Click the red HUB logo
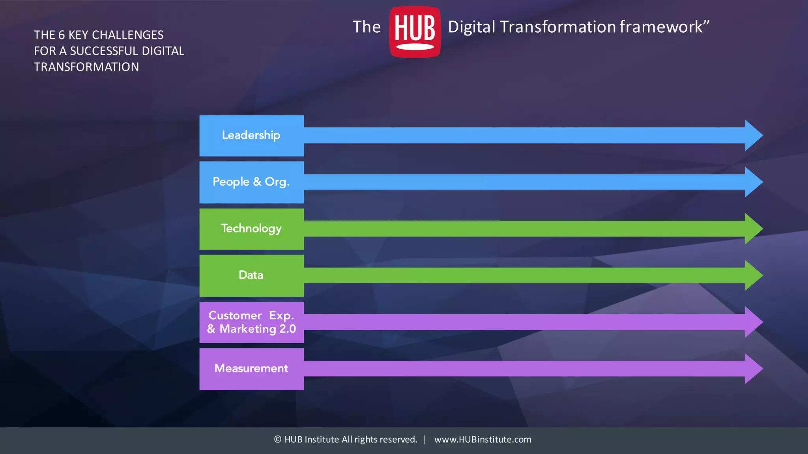[415, 32]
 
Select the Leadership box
[251, 135]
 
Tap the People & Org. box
[251, 182]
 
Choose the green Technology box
[251, 229]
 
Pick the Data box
[251, 275]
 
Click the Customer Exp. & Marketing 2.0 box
[251, 322]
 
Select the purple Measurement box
[251, 368]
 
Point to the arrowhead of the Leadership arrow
[753, 135]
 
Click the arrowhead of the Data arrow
[753, 275]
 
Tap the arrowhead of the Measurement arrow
[753, 368]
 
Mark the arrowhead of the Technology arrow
[753, 229]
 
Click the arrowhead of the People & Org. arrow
[753, 182]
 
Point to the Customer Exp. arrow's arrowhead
[753, 322]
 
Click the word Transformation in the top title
[558, 27]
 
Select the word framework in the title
[661, 27]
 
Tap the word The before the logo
[367, 27]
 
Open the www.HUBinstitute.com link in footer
[483, 439]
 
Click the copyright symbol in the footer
[278, 439]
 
